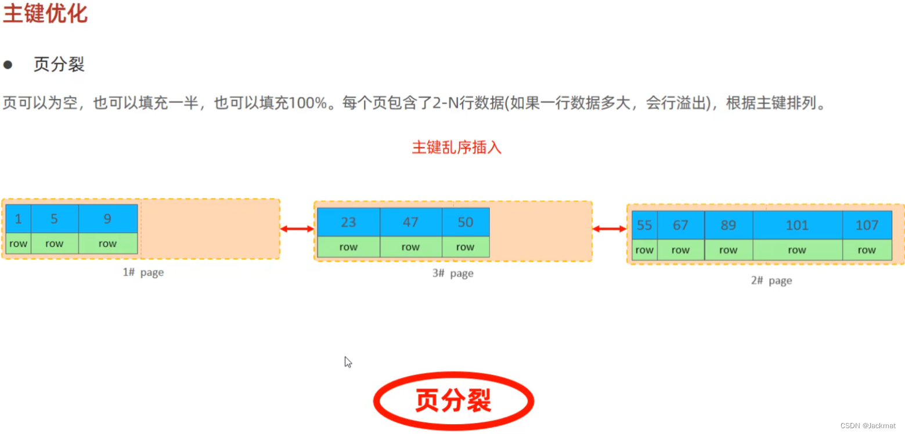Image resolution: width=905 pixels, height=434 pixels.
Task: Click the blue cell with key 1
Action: pos(18,219)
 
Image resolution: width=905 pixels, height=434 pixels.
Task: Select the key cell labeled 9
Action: pos(107,219)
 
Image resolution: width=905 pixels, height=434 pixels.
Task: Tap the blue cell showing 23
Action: pos(348,222)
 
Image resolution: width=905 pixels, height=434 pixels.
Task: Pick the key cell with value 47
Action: pos(410,222)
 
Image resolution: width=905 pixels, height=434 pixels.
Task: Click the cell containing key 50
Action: pos(465,222)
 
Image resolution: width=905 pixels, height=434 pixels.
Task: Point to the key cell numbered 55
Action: pos(644,225)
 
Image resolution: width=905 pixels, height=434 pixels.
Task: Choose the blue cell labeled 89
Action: pos(728,225)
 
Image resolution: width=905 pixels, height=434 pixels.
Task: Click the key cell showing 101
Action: pos(797,225)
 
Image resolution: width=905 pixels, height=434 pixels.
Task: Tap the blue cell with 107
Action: pos(867,225)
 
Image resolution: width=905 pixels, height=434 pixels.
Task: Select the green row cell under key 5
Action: pos(54,244)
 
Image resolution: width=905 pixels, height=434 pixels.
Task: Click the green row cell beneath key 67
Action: pos(680,250)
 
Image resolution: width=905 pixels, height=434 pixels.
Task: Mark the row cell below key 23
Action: pos(348,247)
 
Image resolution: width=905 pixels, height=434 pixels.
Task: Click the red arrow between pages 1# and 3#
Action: pos(297,229)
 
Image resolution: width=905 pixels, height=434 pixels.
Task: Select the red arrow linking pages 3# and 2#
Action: pos(609,229)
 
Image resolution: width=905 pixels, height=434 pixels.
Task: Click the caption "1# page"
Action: pos(143,272)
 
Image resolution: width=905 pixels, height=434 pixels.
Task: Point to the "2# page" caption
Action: pos(771,280)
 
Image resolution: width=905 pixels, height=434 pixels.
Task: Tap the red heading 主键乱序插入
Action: pos(456,147)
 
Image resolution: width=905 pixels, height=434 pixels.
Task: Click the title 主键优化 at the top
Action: pos(45,13)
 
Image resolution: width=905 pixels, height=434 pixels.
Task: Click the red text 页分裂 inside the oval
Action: pos(453,400)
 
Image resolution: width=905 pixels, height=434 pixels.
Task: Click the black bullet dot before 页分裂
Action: pos(8,64)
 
